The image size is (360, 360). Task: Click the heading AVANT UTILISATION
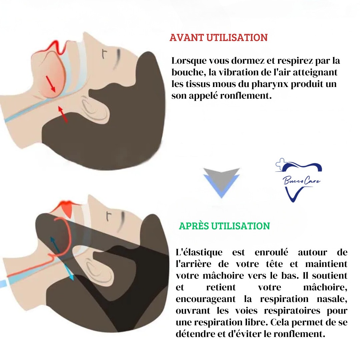point(219,38)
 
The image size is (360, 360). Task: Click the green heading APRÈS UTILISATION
point(224,226)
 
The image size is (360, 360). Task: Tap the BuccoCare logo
point(298,180)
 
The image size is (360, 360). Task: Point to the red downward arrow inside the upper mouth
point(51,84)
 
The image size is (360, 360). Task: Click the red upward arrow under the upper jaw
point(63,114)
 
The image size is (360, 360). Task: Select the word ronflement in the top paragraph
point(246,96)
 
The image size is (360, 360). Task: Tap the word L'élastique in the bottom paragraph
point(199,252)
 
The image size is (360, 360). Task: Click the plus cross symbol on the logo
point(281,164)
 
